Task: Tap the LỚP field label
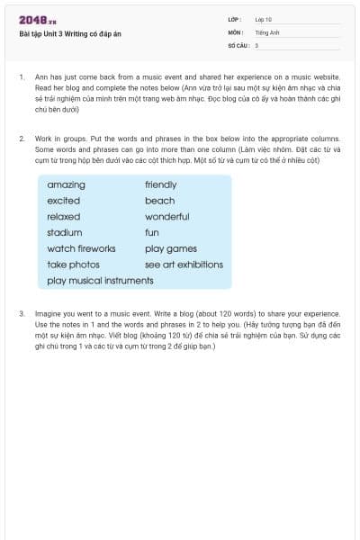click(235, 19)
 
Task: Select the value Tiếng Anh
click(268, 31)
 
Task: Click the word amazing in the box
click(66, 184)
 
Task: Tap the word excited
click(63, 201)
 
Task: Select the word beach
click(159, 201)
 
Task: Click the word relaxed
click(63, 217)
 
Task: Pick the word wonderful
click(166, 217)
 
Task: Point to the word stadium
click(65, 233)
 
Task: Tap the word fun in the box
click(151, 233)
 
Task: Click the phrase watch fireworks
click(81, 249)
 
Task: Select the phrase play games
click(170, 249)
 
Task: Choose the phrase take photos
click(73, 265)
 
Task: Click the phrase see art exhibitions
click(184, 265)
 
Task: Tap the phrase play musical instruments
click(100, 281)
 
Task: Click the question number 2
click(21, 139)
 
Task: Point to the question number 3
click(21, 313)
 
